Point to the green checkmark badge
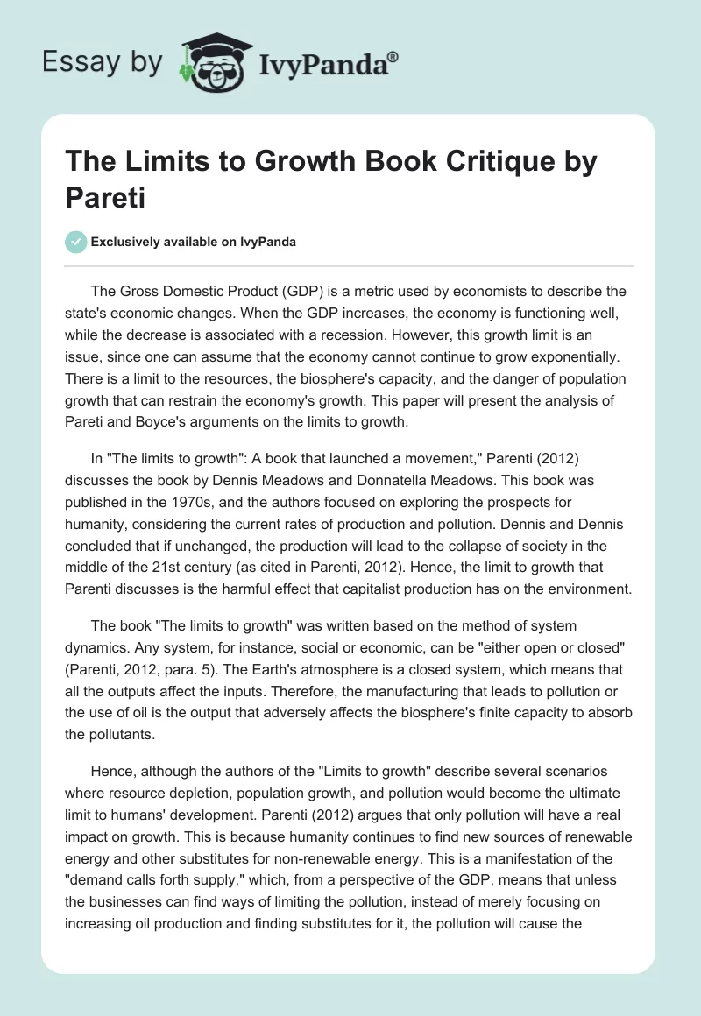75,243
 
